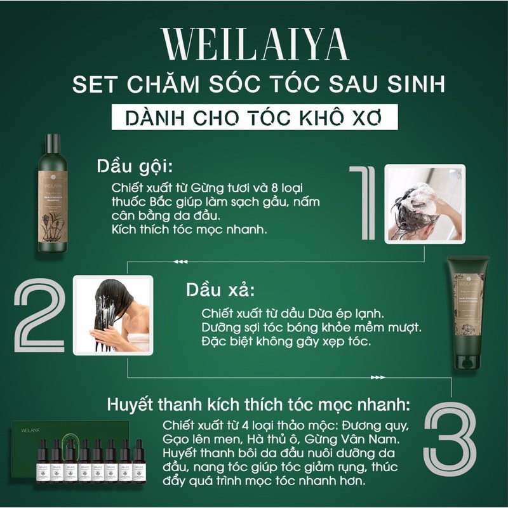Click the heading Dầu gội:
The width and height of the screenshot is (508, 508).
134,166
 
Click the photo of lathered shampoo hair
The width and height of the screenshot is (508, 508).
426,203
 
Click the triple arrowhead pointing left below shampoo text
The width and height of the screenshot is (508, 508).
181,261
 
